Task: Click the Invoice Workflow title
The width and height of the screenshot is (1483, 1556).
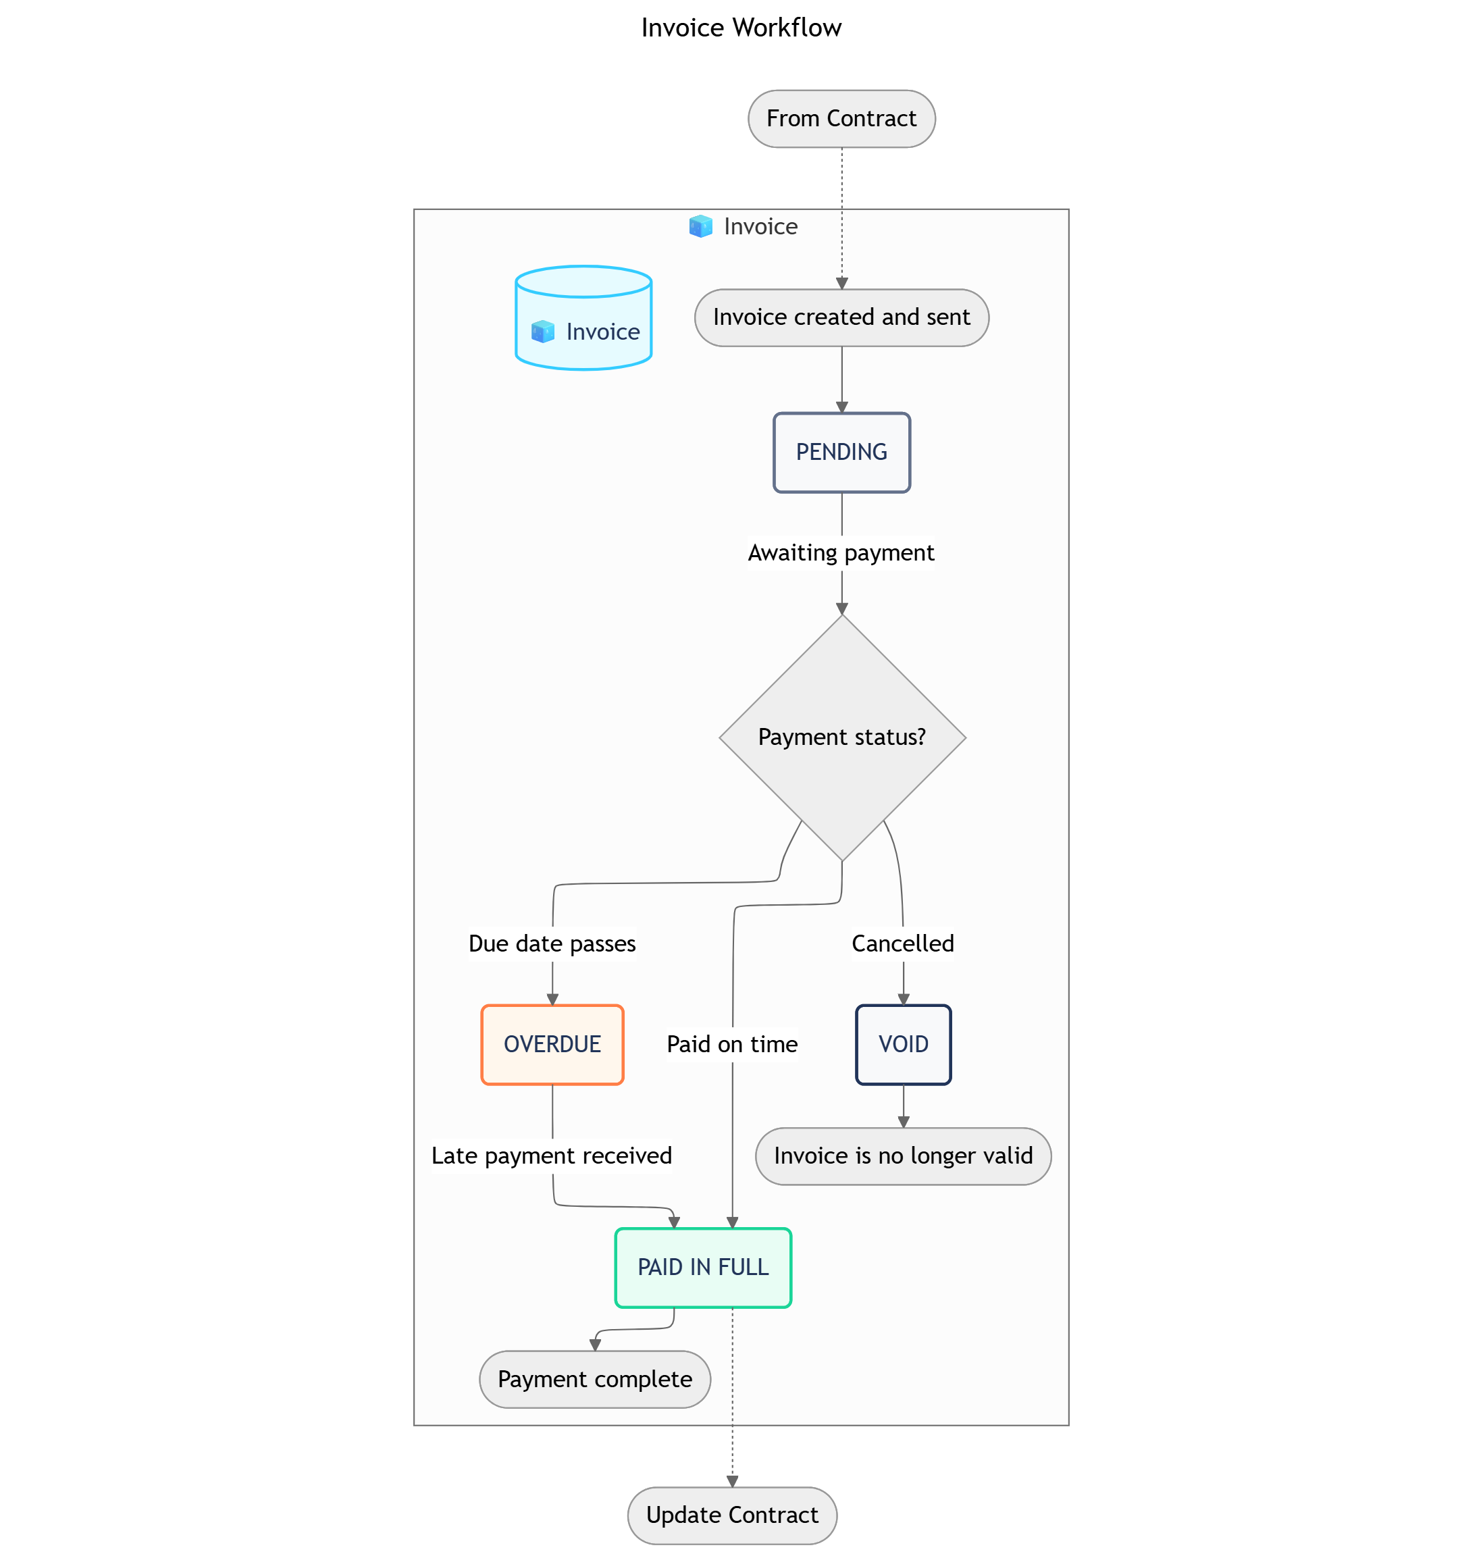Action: [741, 28]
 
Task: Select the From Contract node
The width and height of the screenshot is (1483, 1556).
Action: [841, 119]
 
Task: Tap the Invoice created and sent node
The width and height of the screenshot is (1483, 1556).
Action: [841, 317]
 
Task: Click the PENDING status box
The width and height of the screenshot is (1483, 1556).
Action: [841, 452]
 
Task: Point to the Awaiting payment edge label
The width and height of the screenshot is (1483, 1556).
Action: [841, 552]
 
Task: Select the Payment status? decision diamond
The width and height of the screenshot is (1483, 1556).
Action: [841, 737]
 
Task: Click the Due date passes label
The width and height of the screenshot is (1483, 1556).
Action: [552, 943]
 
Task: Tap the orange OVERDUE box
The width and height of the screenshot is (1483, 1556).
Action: [552, 1045]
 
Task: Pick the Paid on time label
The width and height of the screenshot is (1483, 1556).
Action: [732, 1045]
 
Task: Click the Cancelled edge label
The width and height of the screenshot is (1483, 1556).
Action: [903, 943]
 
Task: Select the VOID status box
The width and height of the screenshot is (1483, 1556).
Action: [903, 1045]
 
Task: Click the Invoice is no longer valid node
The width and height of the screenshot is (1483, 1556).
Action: [903, 1156]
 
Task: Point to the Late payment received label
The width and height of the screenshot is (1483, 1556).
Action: [552, 1156]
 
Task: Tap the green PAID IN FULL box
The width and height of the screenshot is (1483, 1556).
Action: [703, 1268]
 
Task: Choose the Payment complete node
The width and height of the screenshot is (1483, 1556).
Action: [594, 1379]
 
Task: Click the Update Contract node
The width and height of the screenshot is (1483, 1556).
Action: [732, 1515]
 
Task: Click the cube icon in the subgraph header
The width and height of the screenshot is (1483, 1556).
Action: [700, 227]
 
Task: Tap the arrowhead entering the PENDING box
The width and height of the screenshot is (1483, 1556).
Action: [841, 407]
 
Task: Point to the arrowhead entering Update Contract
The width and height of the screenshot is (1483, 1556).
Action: [732, 1481]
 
